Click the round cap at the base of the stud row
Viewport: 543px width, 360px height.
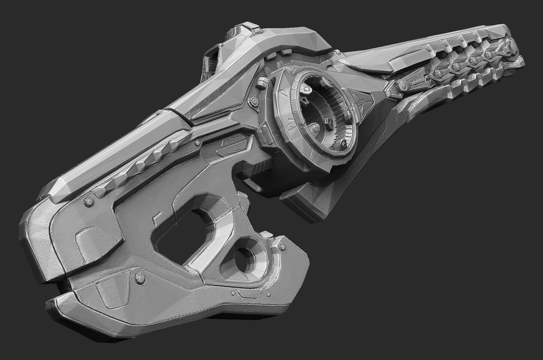pos(403,85)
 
